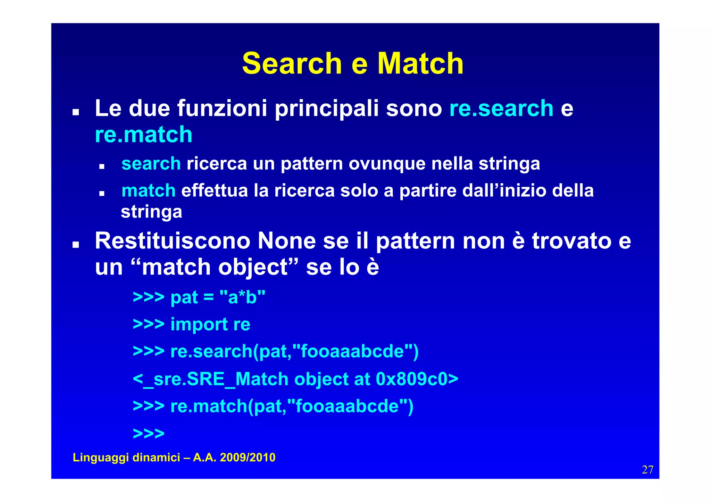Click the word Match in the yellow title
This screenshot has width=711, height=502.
tap(420, 63)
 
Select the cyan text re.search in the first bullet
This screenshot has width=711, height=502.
tap(501, 108)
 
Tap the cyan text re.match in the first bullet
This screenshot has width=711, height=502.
tap(143, 135)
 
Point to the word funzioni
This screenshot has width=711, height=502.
tap(222, 108)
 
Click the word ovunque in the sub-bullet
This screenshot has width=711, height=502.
tap(387, 164)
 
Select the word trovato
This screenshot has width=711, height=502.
tap(571, 241)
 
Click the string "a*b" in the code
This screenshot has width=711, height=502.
tap(242, 297)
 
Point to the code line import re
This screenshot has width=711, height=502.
tap(210, 324)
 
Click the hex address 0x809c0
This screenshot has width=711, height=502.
tap(411, 379)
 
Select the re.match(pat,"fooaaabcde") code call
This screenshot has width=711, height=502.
tap(292, 406)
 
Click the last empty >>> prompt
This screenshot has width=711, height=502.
tap(149, 433)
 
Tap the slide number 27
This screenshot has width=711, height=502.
tap(647, 470)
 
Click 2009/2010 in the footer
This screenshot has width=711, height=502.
tap(248, 458)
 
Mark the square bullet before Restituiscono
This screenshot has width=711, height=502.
tap(75, 245)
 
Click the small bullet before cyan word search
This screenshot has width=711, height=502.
tap(102, 167)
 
